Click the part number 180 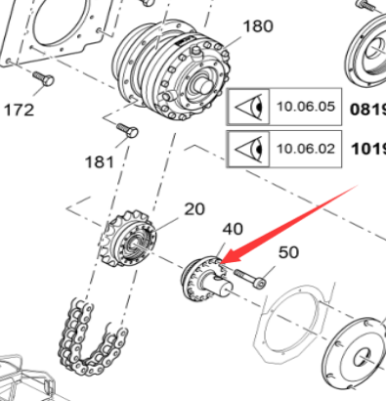click(257, 26)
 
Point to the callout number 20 click(194, 208)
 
